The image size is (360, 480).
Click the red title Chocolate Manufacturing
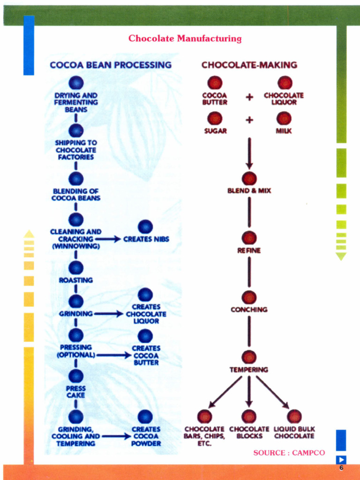tap(185, 38)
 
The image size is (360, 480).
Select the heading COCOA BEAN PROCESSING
tap(111, 65)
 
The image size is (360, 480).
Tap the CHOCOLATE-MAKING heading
tap(249, 65)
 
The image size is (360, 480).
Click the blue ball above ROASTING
tap(76, 268)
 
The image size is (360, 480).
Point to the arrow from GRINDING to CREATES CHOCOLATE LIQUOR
tap(108, 314)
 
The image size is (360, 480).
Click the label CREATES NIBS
tap(146, 239)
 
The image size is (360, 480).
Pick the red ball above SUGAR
tap(215, 119)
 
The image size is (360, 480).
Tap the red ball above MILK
tap(284, 119)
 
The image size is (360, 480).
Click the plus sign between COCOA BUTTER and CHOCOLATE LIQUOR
tap(249, 97)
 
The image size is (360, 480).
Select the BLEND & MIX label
tap(249, 191)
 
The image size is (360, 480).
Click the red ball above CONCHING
tap(249, 298)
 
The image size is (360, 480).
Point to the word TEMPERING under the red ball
tap(249, 370)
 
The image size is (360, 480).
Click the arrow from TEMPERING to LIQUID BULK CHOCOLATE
tap(272, 392)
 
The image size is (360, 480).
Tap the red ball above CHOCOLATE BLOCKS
tap(249, 417)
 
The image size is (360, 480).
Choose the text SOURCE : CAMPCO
tap(289, 453)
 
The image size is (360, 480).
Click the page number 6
tap(341, 468)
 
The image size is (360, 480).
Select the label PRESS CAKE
tap(76, 392)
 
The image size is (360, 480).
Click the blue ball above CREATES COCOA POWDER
tap(145, 417)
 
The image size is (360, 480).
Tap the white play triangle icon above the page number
tap(341, 459)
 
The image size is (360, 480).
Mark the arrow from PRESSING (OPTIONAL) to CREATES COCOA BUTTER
tap(113, 355)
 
